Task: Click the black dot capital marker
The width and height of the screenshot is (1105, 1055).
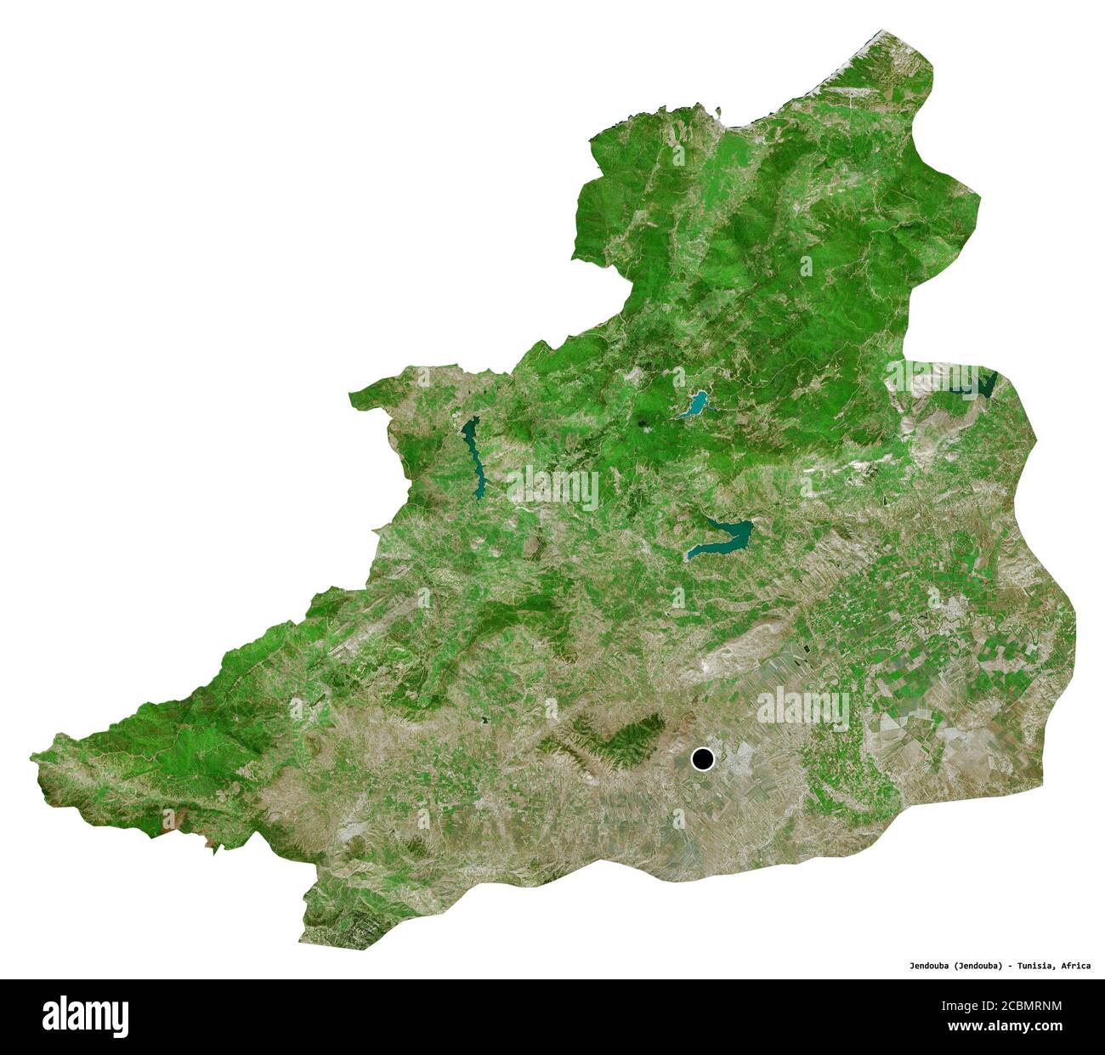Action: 702,758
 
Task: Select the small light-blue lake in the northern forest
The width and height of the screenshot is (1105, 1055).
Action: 693,405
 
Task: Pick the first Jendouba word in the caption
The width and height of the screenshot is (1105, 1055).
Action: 928,966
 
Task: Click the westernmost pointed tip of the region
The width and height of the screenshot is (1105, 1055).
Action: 31,755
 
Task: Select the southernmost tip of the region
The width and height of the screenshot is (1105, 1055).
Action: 302,942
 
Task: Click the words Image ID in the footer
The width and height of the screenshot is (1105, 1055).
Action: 960,1007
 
